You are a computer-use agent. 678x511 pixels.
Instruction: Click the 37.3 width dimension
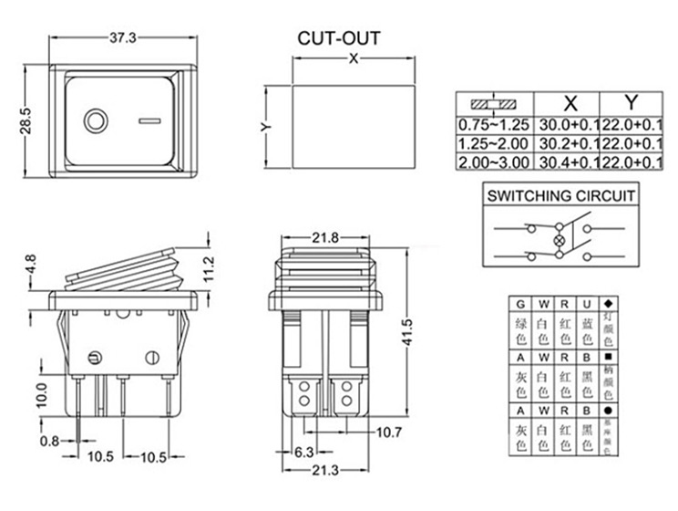point(122,38)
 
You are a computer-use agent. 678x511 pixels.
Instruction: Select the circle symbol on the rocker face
point(95,121)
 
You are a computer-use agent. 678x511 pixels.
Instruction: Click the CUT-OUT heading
point(339,39)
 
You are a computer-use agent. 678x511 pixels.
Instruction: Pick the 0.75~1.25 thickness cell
point(493,125)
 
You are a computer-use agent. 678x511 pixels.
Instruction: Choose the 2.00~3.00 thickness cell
point(493,162)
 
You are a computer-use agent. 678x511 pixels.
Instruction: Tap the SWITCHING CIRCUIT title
point(561,195)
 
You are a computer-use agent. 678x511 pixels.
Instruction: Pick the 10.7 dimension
point(389,431)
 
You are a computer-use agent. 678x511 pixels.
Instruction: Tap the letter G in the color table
point(520,304)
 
